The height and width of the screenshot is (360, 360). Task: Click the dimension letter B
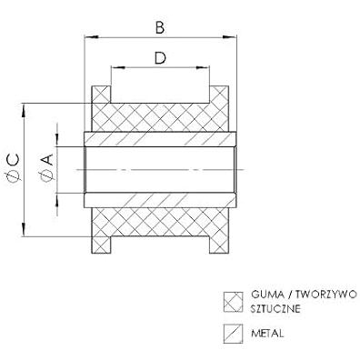[x=160, y=27]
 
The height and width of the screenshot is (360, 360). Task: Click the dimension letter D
[x=160, y=58]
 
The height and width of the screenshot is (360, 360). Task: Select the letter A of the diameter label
[x=48, y=160]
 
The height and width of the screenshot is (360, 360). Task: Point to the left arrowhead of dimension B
[x=92, y=37]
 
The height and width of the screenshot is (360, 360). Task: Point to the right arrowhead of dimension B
[x=229, y=37]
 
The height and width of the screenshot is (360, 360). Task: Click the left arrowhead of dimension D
[x=118, y=67]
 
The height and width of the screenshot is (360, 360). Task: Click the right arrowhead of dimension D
[x=203, y=67]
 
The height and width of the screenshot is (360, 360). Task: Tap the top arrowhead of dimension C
[x=24, y=110]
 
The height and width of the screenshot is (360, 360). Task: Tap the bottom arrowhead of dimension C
[x=24, y=229]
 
